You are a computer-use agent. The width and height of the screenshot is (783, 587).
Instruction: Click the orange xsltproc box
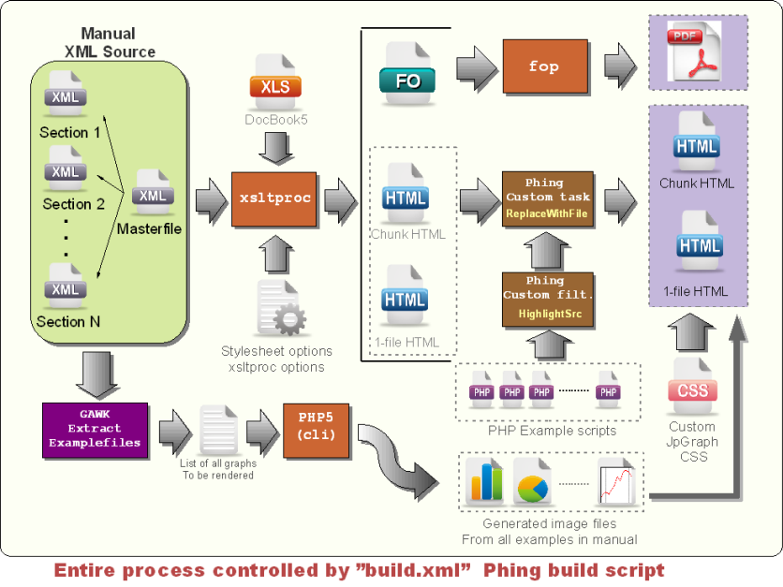[x=273, y=198]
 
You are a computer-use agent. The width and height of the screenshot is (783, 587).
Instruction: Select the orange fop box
[x=544, y=66]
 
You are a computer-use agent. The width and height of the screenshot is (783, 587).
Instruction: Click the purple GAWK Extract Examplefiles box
[x=95, y=430]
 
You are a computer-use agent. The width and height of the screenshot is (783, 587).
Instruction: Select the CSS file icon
[x=693, y=385]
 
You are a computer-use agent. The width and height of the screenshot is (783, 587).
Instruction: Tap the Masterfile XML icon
[x=152, y=192]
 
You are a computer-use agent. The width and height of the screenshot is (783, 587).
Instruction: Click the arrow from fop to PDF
[x=621, y=66]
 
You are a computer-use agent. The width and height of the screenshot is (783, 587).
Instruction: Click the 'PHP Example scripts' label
[x=553, y=431]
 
